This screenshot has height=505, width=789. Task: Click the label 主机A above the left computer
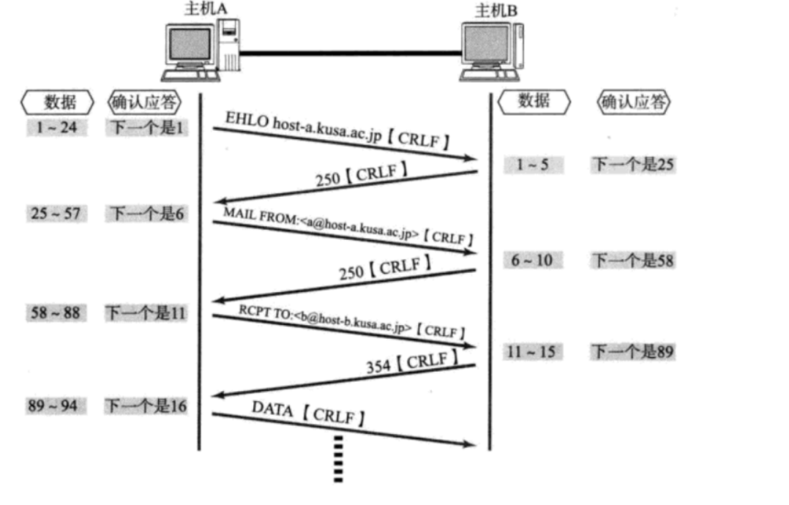coord(205,9)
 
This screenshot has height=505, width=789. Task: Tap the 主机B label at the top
coord(496,10)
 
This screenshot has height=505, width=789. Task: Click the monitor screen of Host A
coord(190,44)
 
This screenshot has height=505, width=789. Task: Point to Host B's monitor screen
coord(486,44)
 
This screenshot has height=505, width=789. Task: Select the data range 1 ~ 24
coord(57,127)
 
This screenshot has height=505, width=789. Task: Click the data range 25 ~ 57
coord(56,213)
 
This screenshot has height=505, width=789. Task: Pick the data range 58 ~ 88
coord(56,313)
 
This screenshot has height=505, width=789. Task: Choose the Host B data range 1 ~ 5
coord(533,165)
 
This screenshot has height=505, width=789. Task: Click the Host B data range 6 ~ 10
coord(532,260)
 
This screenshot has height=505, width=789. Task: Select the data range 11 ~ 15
coord(533,351)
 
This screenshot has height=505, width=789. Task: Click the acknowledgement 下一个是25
coord(633,165)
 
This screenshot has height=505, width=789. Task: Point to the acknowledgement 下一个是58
coord(633,261)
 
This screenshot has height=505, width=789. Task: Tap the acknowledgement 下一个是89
coord(633,351)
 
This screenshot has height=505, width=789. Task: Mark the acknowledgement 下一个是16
coord(146,406)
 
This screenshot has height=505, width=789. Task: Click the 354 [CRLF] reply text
coord(412,363)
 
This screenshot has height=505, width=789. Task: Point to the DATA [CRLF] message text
coord(308,414)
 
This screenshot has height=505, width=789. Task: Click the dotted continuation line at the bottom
coord(338,459)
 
